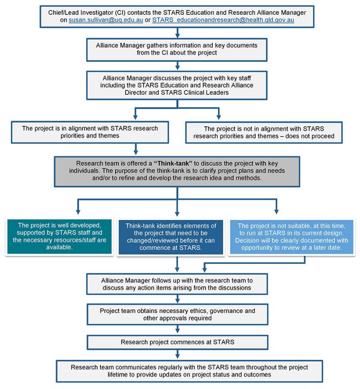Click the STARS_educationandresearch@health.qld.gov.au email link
point(223,20)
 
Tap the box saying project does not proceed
point(269,132)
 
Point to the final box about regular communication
point(180,371)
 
